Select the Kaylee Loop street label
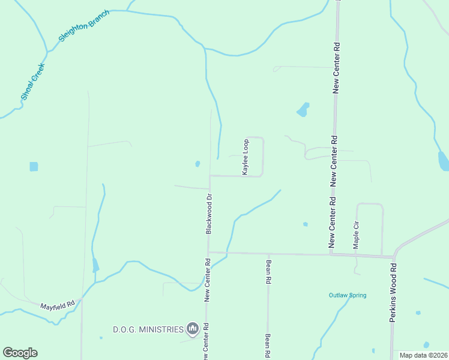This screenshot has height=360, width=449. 246,157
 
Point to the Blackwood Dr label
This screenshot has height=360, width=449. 209,213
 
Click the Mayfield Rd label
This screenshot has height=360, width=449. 57,305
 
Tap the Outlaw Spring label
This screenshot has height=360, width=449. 347,295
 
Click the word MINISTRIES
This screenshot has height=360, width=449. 160,329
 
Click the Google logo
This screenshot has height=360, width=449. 20,353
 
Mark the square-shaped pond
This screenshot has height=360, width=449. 34,166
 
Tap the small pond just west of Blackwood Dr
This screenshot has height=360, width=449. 197,163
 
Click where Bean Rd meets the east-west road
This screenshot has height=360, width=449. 268,253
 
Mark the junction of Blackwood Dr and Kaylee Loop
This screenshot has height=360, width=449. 209,176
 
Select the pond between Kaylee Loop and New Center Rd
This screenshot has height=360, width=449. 303,110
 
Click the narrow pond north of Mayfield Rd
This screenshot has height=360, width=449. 95,265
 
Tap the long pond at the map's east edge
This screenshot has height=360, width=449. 443,161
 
